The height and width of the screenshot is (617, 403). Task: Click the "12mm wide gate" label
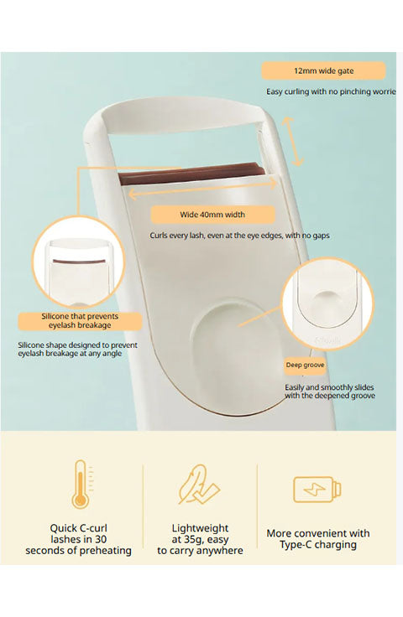click(323, 70)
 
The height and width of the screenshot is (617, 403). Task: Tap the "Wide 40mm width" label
click(212, 215)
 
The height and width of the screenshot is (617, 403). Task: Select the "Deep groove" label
click(306, 366)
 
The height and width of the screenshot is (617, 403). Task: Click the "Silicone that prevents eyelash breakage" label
click(80, 321)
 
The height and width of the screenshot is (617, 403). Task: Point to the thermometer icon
click(81, 484)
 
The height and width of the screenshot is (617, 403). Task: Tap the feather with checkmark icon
click(199, 485)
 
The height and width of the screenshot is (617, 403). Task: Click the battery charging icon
click(317, 490)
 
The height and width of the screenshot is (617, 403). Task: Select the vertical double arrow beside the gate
click(293, 142)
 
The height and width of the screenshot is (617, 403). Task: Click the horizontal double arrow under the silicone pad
click(204, 188)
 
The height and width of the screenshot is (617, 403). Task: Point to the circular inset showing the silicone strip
click(78, 262)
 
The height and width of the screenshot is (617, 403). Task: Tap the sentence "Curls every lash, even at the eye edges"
click(216, 236)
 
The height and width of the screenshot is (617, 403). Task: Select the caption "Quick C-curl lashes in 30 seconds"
click(78, 539)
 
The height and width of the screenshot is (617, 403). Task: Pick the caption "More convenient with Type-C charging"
click(318, 539)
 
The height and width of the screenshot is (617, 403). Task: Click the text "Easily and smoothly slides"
click(329, 387)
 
